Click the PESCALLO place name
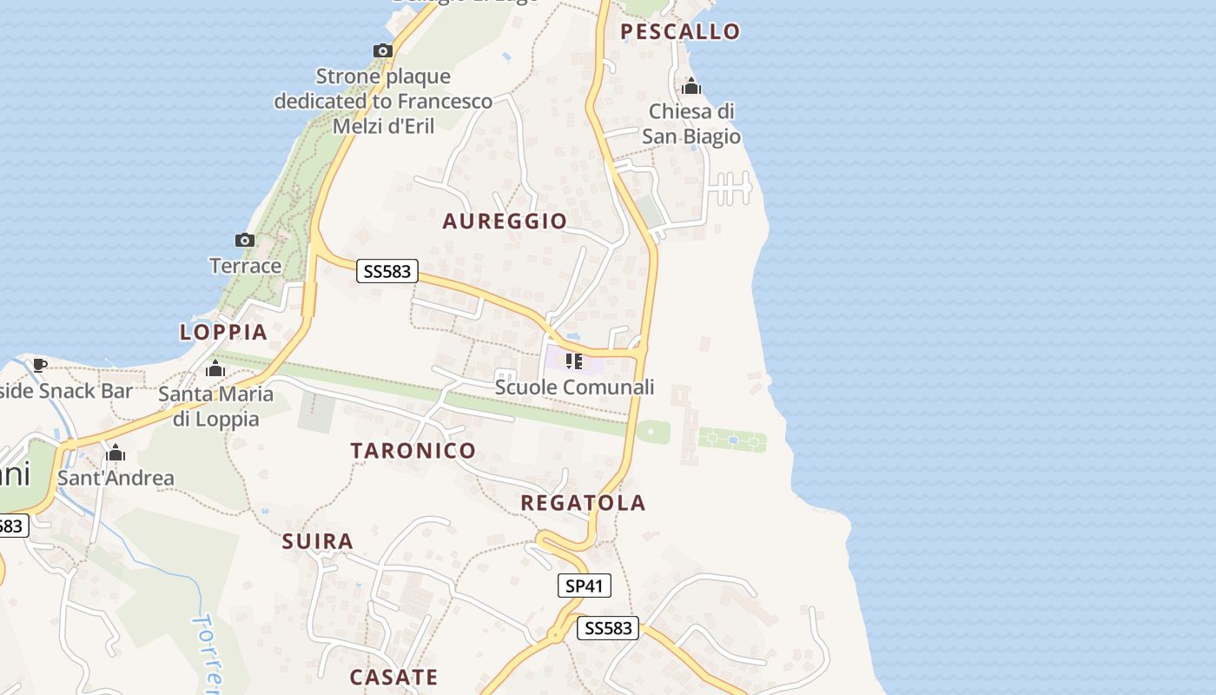click(680, 32)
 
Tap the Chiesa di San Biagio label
click(691, 123)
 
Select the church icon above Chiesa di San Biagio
click(691, 86)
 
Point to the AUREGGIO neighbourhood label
click(505, 222)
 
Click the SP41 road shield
click(584, 586)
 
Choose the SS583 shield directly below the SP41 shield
click(608, 627)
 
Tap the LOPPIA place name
click(223, 332)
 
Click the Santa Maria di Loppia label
click(215, 406)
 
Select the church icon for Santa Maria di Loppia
click(215, 369)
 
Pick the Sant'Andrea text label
click(116, 478)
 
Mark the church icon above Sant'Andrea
click(116, 453)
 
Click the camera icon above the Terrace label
click(245, 240)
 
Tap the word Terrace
click(245, 266)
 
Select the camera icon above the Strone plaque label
click(383, 50)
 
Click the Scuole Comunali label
click(574, 387)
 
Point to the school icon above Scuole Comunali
click(573, 361)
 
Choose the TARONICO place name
click(413, 450)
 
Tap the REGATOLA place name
click(583, 502)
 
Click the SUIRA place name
click(318, 542)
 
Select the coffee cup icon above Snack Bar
click(39, 365)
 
